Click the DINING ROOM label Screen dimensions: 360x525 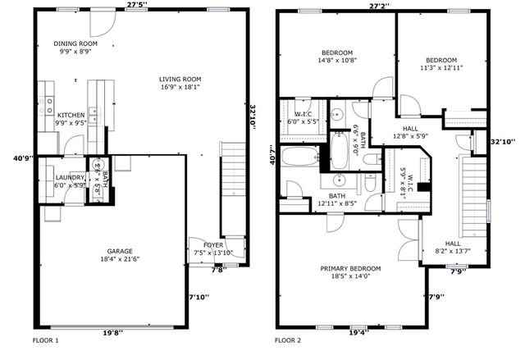coord(75,43)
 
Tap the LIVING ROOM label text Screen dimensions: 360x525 coord(179,79)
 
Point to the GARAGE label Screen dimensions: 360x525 coord(119,251)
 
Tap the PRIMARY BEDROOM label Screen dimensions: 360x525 coord(350,268)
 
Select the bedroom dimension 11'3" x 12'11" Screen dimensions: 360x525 coord(441,68)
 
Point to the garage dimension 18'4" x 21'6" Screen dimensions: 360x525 coord(119,259)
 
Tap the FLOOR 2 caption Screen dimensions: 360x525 coord(288,339)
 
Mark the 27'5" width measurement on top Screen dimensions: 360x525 coord(137,5)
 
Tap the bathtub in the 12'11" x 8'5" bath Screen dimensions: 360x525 coord(301,156)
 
